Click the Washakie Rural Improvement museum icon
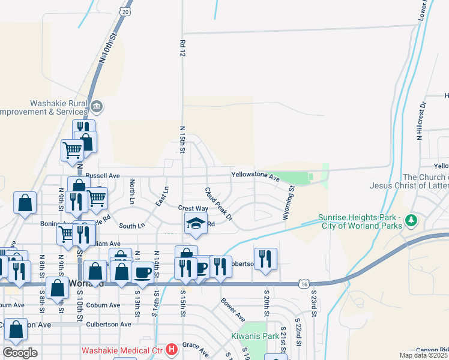coord(97,107)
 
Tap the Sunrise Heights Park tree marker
coord(412,221)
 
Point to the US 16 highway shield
coord(306,282)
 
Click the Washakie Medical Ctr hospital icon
coord(172,348)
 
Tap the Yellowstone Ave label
coord(256,177)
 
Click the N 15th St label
coord(182,139)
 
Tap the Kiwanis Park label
coord(255,336)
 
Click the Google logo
coord(20,353)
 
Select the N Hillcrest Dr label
coord(422,121)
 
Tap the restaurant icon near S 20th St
coord(265,259)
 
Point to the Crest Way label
coord(193,208)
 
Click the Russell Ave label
coord(103,176)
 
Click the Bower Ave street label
coord(232,309)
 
